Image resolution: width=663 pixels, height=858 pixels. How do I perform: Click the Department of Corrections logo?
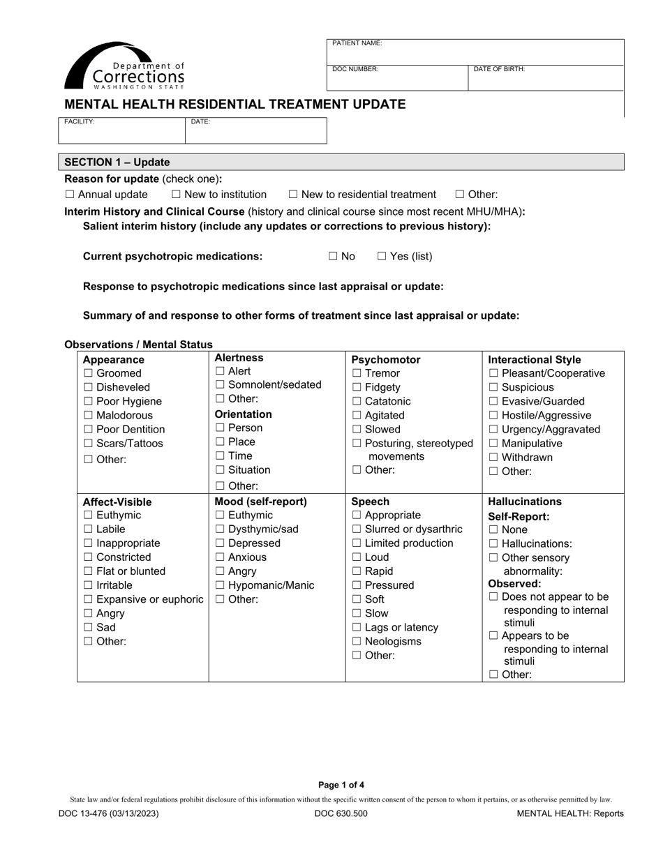pyautogui.click(x=125, y=66)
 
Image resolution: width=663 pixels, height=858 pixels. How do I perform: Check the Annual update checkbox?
pyautogui.click(x=69, y=195)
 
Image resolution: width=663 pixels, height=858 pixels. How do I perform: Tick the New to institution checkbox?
pyautogui.click(x=176, y=195)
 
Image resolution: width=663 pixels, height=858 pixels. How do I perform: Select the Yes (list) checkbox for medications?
pyautogui.click(x=382, y=256)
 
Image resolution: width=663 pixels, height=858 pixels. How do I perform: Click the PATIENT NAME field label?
pyautogui.click(x=357, y=43)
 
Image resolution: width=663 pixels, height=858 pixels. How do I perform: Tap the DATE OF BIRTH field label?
pyautogui.click(x=499, y=69)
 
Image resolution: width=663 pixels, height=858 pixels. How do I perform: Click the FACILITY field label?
pyautogui.click(x=80, y=121)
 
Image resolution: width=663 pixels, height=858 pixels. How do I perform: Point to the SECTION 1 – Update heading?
pyautogui.click(x=117, y=162)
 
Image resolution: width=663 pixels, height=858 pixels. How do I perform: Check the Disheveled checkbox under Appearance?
pyautogui.click(x=88, y=387)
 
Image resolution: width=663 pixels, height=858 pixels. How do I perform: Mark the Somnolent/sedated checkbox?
pyautogui.click(x=220, y=384)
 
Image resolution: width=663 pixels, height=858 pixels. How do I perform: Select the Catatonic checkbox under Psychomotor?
pyautogui.click(x=357, y=401)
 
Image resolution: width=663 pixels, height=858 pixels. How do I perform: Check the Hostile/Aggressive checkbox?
pyautogui.click(x=493, y=415)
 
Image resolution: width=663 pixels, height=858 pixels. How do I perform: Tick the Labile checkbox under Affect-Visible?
pyautogui.click(x=88, y=529)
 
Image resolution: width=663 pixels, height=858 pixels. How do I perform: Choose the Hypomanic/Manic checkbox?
pyautogui.click(x=220, y=585)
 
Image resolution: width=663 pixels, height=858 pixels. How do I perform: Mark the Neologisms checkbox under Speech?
pyautogui.click(x=357, y=641)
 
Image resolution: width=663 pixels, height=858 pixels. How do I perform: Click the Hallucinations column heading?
pyautogui.click(x=525, y=502)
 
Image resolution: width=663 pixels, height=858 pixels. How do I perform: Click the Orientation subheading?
pyautogui.click(x=243, y=414)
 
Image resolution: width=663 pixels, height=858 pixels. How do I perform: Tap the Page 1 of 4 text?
pyautogui.click(x=341, y=785)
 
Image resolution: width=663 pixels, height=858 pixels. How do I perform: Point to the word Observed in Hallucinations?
pyautogui.click(x=514, y=583)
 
